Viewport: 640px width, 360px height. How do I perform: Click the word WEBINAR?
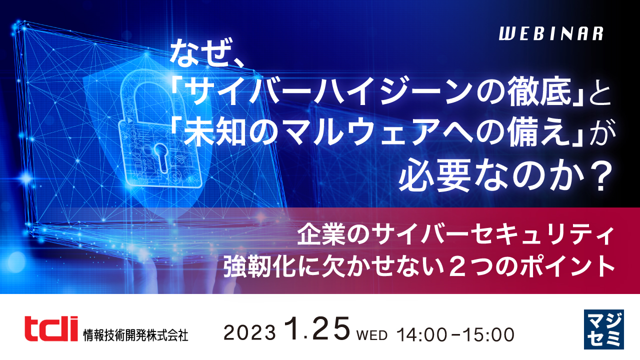[x=551, y=34]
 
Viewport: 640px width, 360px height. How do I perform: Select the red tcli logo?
[x=51, y=328]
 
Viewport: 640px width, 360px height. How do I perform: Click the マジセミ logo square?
[x=603, y=329]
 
